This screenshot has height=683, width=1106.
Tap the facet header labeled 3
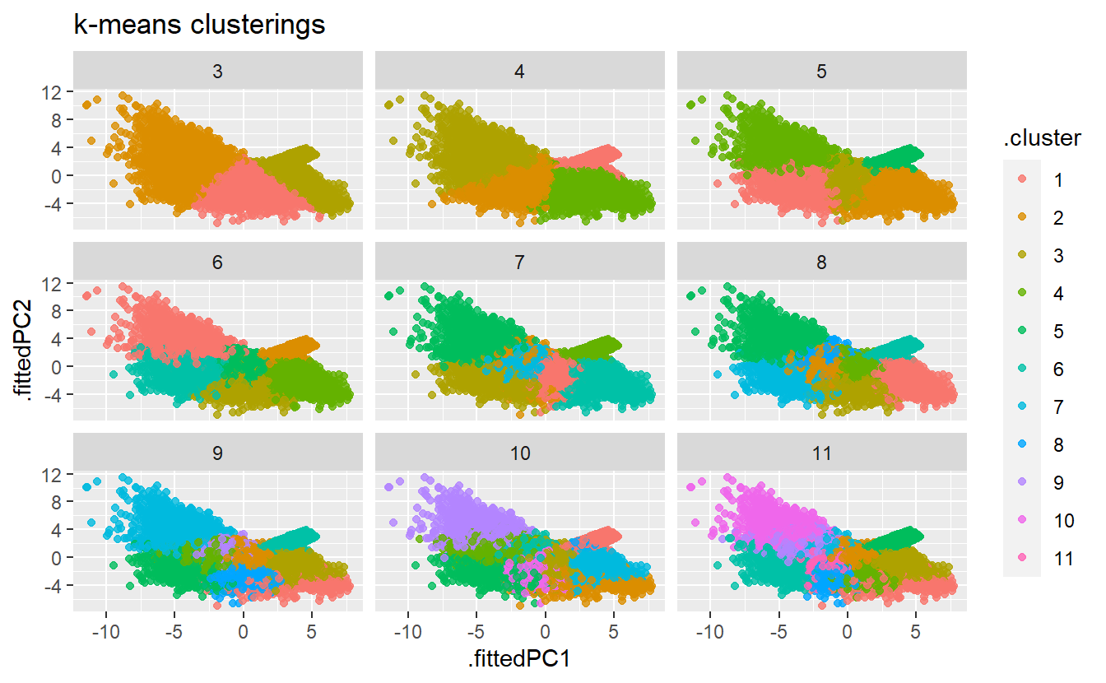pyautogui.click(x=217, y=71)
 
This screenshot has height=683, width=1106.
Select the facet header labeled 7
pyautogui.click(x=519, y=263)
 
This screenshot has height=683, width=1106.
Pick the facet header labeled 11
pyautogui.click(x=821, y=453)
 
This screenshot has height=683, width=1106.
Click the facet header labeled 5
pyautogui.click(x=821, y=71)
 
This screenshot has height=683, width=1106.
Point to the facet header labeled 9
pyautogui.click(x=217, y=453)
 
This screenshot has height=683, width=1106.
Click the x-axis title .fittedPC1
pyautogui.click(x=519, y=659)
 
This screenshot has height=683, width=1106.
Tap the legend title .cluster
pyautogui.click(x=1042, y=139)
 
